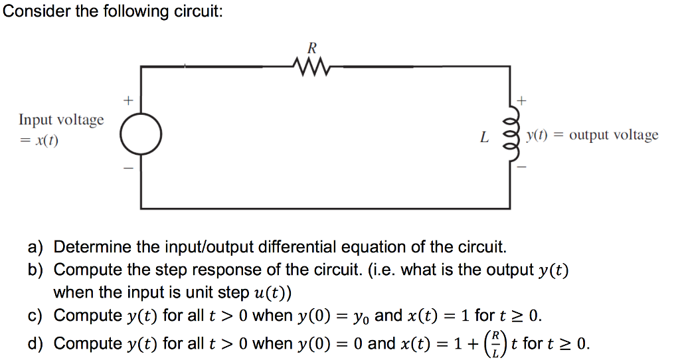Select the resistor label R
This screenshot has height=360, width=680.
tap(311, 48)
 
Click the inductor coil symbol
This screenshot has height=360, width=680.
tap(510, 135)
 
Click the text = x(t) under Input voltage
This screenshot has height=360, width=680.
tap(39, 141)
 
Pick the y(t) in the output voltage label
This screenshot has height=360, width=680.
tap(537, 135)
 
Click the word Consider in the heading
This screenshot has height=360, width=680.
tap(34, 13)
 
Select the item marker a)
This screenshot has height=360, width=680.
tap(35, 248)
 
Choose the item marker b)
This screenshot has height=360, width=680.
tap(35, 270)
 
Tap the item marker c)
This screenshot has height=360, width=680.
tap(35, 315)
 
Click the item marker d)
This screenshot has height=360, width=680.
tap(35, 343)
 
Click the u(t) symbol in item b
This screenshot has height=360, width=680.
tap(272, 293)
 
